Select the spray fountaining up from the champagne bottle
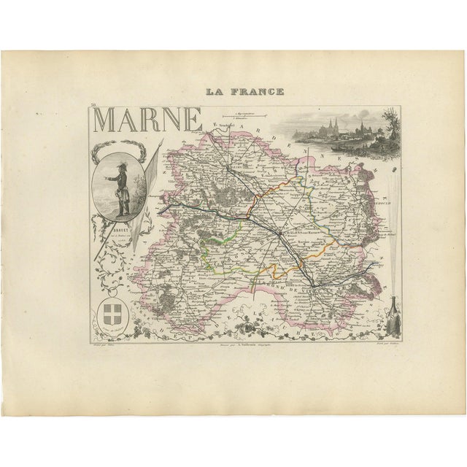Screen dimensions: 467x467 point(392,241)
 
